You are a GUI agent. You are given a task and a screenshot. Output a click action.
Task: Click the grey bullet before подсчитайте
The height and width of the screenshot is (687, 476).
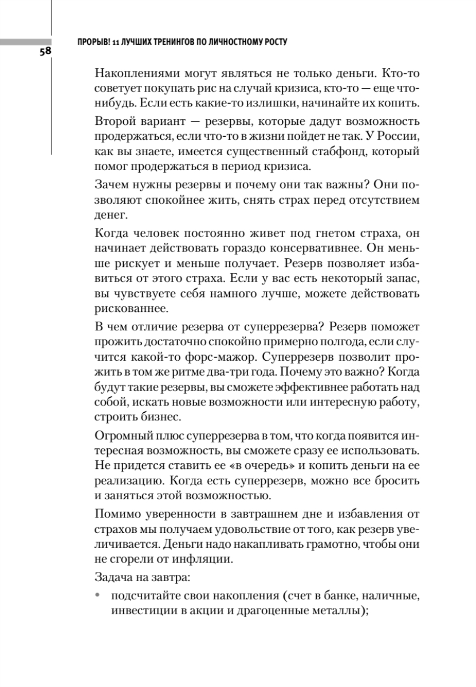tap(98, 595)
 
